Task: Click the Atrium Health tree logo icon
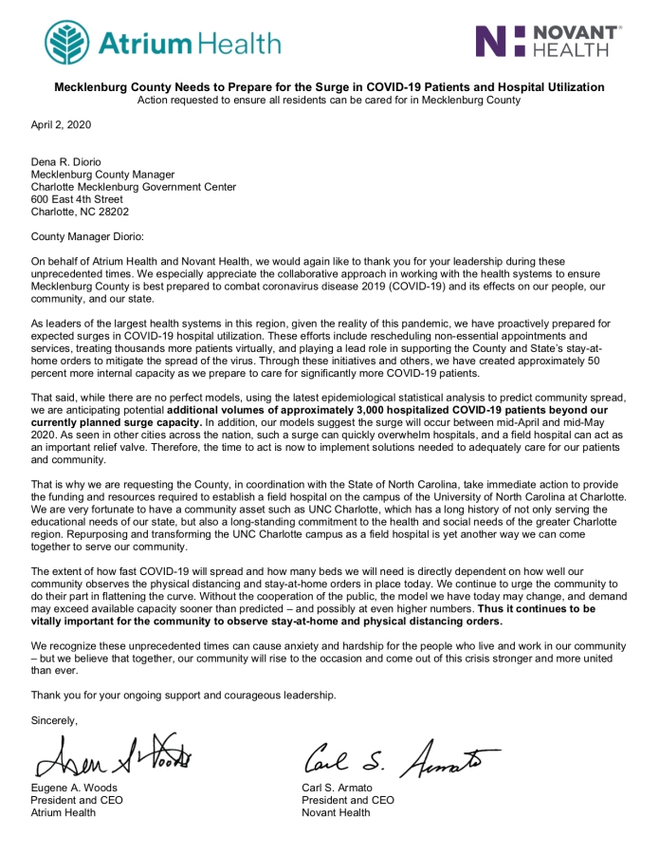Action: pyautogui.click(x=68, y=42)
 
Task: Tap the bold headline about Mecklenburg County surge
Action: pyautogui.click(x=329, y=87)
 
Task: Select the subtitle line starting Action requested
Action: pyautogui.click(x=329, y=100)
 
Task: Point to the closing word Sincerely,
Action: pyautogui.click(x=57, y=721)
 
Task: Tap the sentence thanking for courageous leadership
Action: pyautogui.click(x=183, y=696)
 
